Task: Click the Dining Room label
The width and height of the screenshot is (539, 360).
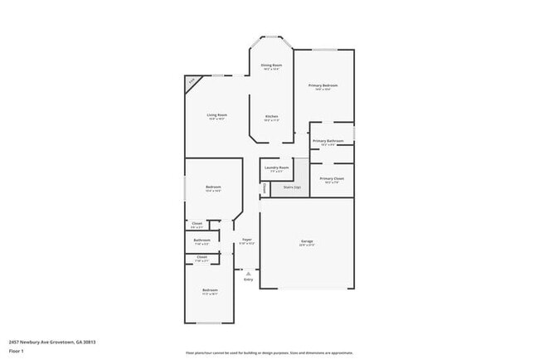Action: pyautogui.click(x=271, y=65)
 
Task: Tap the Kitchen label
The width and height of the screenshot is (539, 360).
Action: pyautogui.click(x=271, y=116)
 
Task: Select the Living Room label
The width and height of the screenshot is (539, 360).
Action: pyautogui.click(x=217, y=115)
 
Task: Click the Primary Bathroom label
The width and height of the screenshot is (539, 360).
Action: pyautogui.click(x=328, y=141)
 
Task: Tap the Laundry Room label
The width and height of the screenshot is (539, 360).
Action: pyautogui.click(x=277, y=168)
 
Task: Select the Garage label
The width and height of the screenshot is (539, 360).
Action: pyautogui.click(x=307, y=241)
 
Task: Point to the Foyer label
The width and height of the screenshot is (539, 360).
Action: pyautogui.click(x=246, y=240)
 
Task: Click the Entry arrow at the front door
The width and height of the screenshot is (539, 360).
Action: pyautogui.click(x=248, y=273)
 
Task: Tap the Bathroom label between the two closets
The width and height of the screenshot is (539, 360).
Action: pyautogui.click(x=202, y=241)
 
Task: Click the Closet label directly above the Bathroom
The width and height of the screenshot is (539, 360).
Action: pyautogui.click(x=197, y=223)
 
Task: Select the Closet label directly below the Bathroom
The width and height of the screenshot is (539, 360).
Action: pyautogui.click(x=202, y=257)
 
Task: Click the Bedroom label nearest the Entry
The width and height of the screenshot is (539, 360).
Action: pyautogui.click(x=210, y=290)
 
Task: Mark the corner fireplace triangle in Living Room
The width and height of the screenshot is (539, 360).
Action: pyautogui.click(x=191, y=81)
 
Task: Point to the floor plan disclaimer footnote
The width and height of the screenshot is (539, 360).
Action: pyautogui.click(x=269, y=351)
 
